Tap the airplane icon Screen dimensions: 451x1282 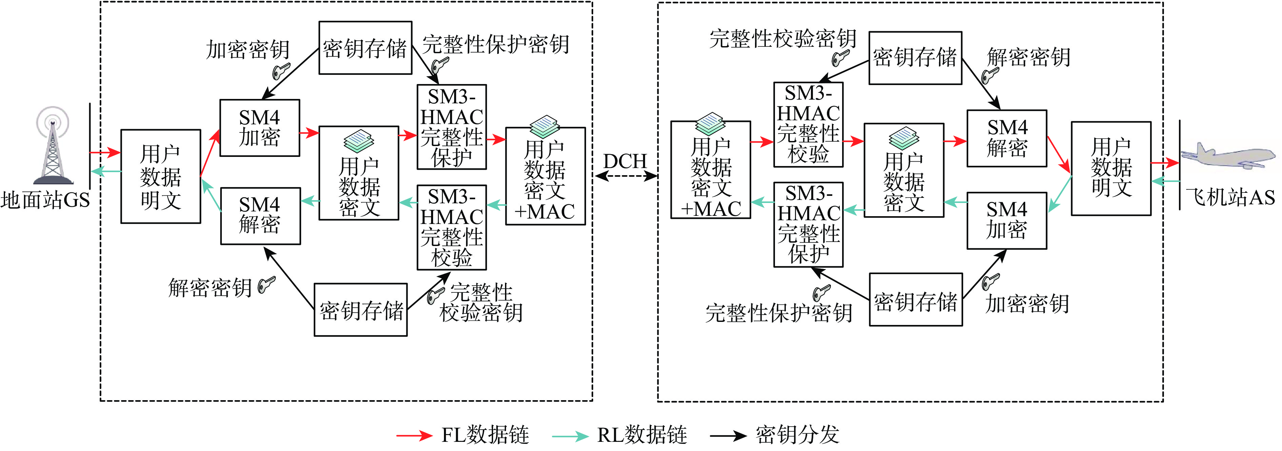1227,157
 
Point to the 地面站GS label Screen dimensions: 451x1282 45,200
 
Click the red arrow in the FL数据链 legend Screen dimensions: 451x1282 414,436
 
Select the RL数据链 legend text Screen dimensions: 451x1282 642,435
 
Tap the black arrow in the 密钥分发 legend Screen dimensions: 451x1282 727,436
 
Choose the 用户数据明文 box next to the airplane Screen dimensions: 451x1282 1111,168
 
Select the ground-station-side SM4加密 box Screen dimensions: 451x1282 259,128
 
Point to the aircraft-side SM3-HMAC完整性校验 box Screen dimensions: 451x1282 808,124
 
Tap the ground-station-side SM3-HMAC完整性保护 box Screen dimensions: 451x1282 451,127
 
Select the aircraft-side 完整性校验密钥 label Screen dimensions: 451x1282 782,39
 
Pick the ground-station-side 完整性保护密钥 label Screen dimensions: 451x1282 496,45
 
